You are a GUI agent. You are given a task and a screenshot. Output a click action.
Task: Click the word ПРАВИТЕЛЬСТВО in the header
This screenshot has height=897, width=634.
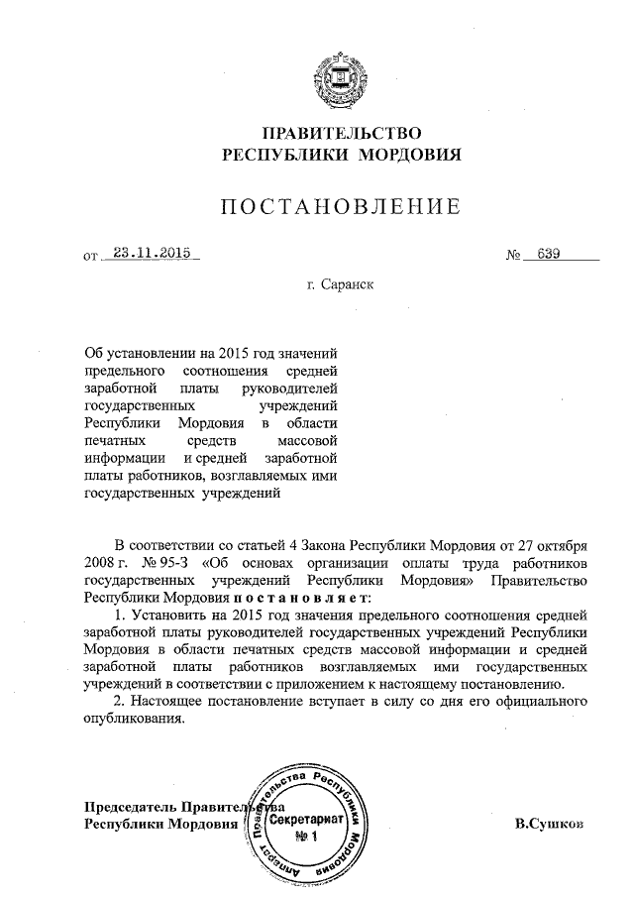tap(342, 133)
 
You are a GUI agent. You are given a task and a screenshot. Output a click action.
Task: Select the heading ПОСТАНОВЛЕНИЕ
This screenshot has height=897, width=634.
tap(341, 207)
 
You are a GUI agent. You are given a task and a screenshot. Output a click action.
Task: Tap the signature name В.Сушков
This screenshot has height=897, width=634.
tap(550, 823)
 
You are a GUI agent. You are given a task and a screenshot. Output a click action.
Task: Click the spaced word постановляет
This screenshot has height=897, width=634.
tap(301, 599)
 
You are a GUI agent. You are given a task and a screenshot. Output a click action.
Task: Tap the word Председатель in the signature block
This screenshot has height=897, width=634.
tap(128, 806)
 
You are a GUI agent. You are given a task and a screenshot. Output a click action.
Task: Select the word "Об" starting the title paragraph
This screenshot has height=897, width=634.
tap(94, 351)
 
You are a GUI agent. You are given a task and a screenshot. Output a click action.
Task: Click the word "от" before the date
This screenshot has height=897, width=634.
tap(92, 256)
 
